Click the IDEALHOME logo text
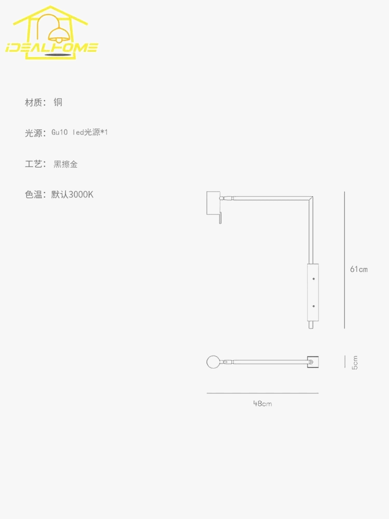click(52, 48)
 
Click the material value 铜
click(58, 102)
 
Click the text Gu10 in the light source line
click(60, 132)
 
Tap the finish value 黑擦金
click(65, 164)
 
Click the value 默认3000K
click(72, 194)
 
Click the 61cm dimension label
click(359, 269)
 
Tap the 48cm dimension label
click(262, 403)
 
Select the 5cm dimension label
click(355, 362)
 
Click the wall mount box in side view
click(214, 203)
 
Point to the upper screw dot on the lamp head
click(314, 279)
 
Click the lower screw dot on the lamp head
click(314, 306)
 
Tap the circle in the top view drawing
click(213, 362)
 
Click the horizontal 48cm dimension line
click(262, 393)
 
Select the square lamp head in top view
click(313, 362)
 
